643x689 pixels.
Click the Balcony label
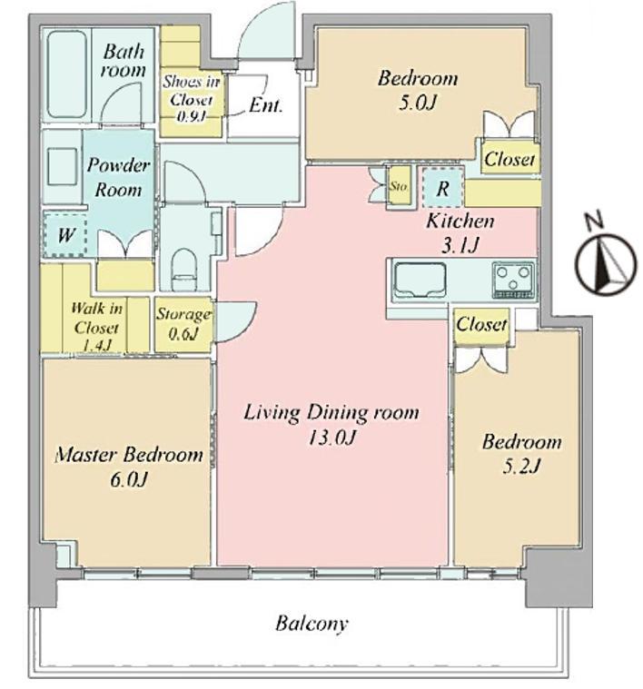312,624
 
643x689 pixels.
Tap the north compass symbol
606,261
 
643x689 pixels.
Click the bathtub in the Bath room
67,73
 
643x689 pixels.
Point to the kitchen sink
420,280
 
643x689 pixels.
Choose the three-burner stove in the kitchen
513,280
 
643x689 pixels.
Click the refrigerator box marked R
442,188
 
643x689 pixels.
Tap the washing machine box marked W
65,235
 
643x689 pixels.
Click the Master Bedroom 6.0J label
129,467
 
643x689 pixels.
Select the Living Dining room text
331,413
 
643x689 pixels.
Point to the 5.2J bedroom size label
521,466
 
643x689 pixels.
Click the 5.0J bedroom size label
418,103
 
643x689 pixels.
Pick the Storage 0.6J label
184,324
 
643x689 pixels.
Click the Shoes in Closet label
192,98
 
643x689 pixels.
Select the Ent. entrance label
265,105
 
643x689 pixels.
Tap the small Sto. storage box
399,186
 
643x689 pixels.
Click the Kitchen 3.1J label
460,232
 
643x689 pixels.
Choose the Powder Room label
118,177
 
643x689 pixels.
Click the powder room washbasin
62,167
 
